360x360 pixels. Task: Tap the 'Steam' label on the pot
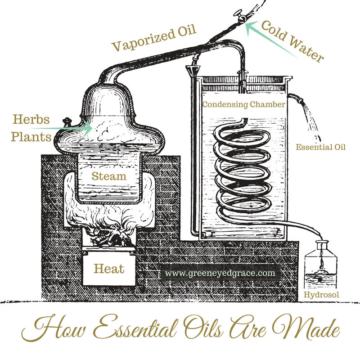(x=109, y=176)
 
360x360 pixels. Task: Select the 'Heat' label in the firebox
(x=108, y=269)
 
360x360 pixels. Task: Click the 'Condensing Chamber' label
(x=243, y=104)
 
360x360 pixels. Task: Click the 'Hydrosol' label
(x=321, y=295)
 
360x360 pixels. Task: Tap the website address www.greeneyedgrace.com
(x=220, y=273)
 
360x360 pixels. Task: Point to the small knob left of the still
(x=68, y=122)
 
